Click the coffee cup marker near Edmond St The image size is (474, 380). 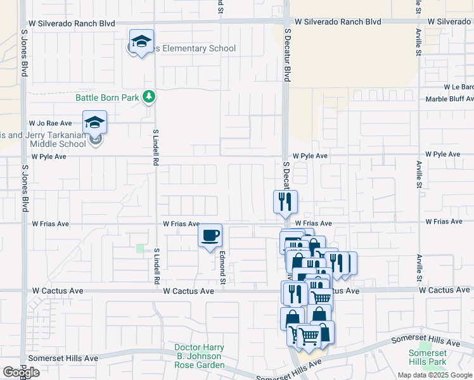[210, 236]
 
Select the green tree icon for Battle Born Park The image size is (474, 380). [149, 97]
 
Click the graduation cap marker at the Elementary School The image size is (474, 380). [141, 42]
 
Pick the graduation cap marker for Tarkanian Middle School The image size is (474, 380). [95, 122]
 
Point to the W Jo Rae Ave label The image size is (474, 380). [50, 123]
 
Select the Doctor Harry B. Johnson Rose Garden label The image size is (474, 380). [200, 357]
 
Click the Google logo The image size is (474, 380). [21, 372]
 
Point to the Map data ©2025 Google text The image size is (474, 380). [434, 375]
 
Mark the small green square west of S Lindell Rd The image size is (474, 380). [140, 249]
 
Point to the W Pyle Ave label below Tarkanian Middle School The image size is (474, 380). [49, 156]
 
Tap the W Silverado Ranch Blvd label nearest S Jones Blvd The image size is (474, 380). [72, 23]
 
